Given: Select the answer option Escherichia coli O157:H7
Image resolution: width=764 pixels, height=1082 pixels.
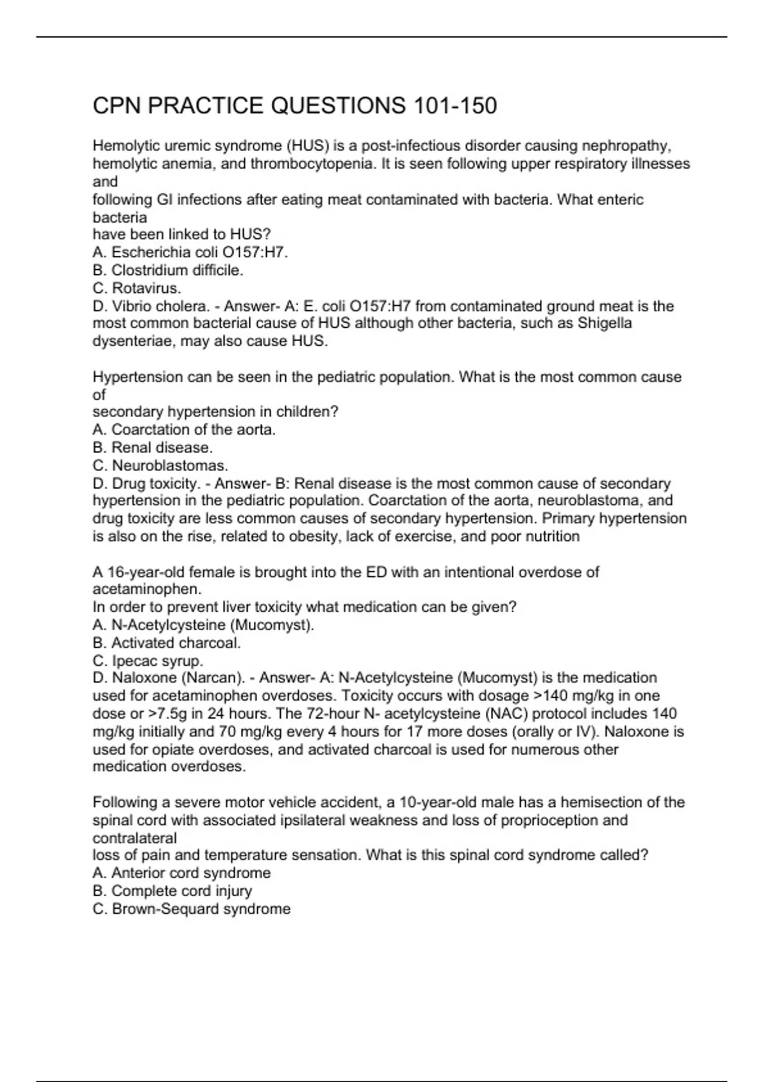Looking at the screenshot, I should (190, 253).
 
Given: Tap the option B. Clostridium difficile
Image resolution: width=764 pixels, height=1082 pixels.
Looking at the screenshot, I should (168, 270).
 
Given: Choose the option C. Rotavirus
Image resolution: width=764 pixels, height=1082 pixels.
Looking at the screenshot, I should (137, 288).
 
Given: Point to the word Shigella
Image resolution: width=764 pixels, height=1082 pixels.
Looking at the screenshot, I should (605, 323).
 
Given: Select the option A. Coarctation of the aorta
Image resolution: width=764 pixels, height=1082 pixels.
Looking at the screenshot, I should (184, 430).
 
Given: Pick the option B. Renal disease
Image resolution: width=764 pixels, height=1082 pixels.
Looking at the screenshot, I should (153, 447).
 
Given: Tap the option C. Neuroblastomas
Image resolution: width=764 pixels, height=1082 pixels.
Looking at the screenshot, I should (160, 465).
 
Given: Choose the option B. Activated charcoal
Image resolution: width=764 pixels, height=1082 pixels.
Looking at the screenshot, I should (167, 643).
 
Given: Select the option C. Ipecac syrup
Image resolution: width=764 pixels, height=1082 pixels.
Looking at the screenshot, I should (148, 661).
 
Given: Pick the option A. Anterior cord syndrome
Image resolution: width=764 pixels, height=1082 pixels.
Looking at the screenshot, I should (181, 873).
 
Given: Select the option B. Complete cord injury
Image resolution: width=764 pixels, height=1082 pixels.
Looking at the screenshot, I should (173, 890).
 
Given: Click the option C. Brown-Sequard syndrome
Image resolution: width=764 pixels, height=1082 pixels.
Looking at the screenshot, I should (192, 909).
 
